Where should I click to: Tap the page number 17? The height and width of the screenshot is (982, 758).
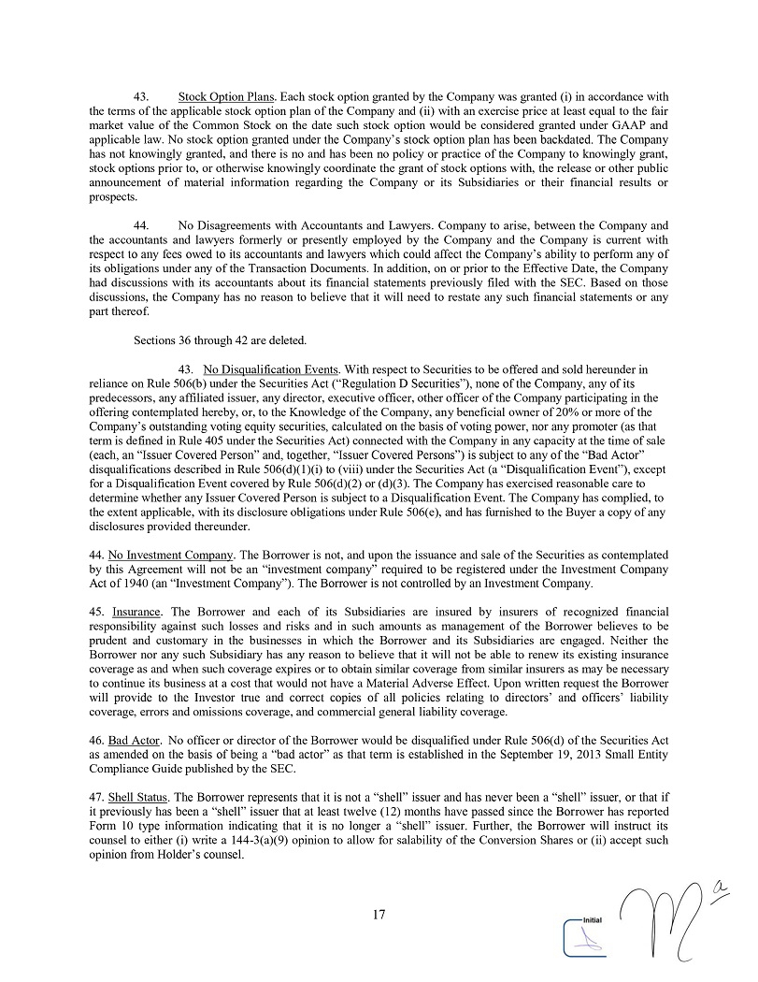pyautogui.click(x=379, y=915)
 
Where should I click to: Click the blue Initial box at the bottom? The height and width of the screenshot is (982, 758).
pyautogui.click(x=586, y=936)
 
